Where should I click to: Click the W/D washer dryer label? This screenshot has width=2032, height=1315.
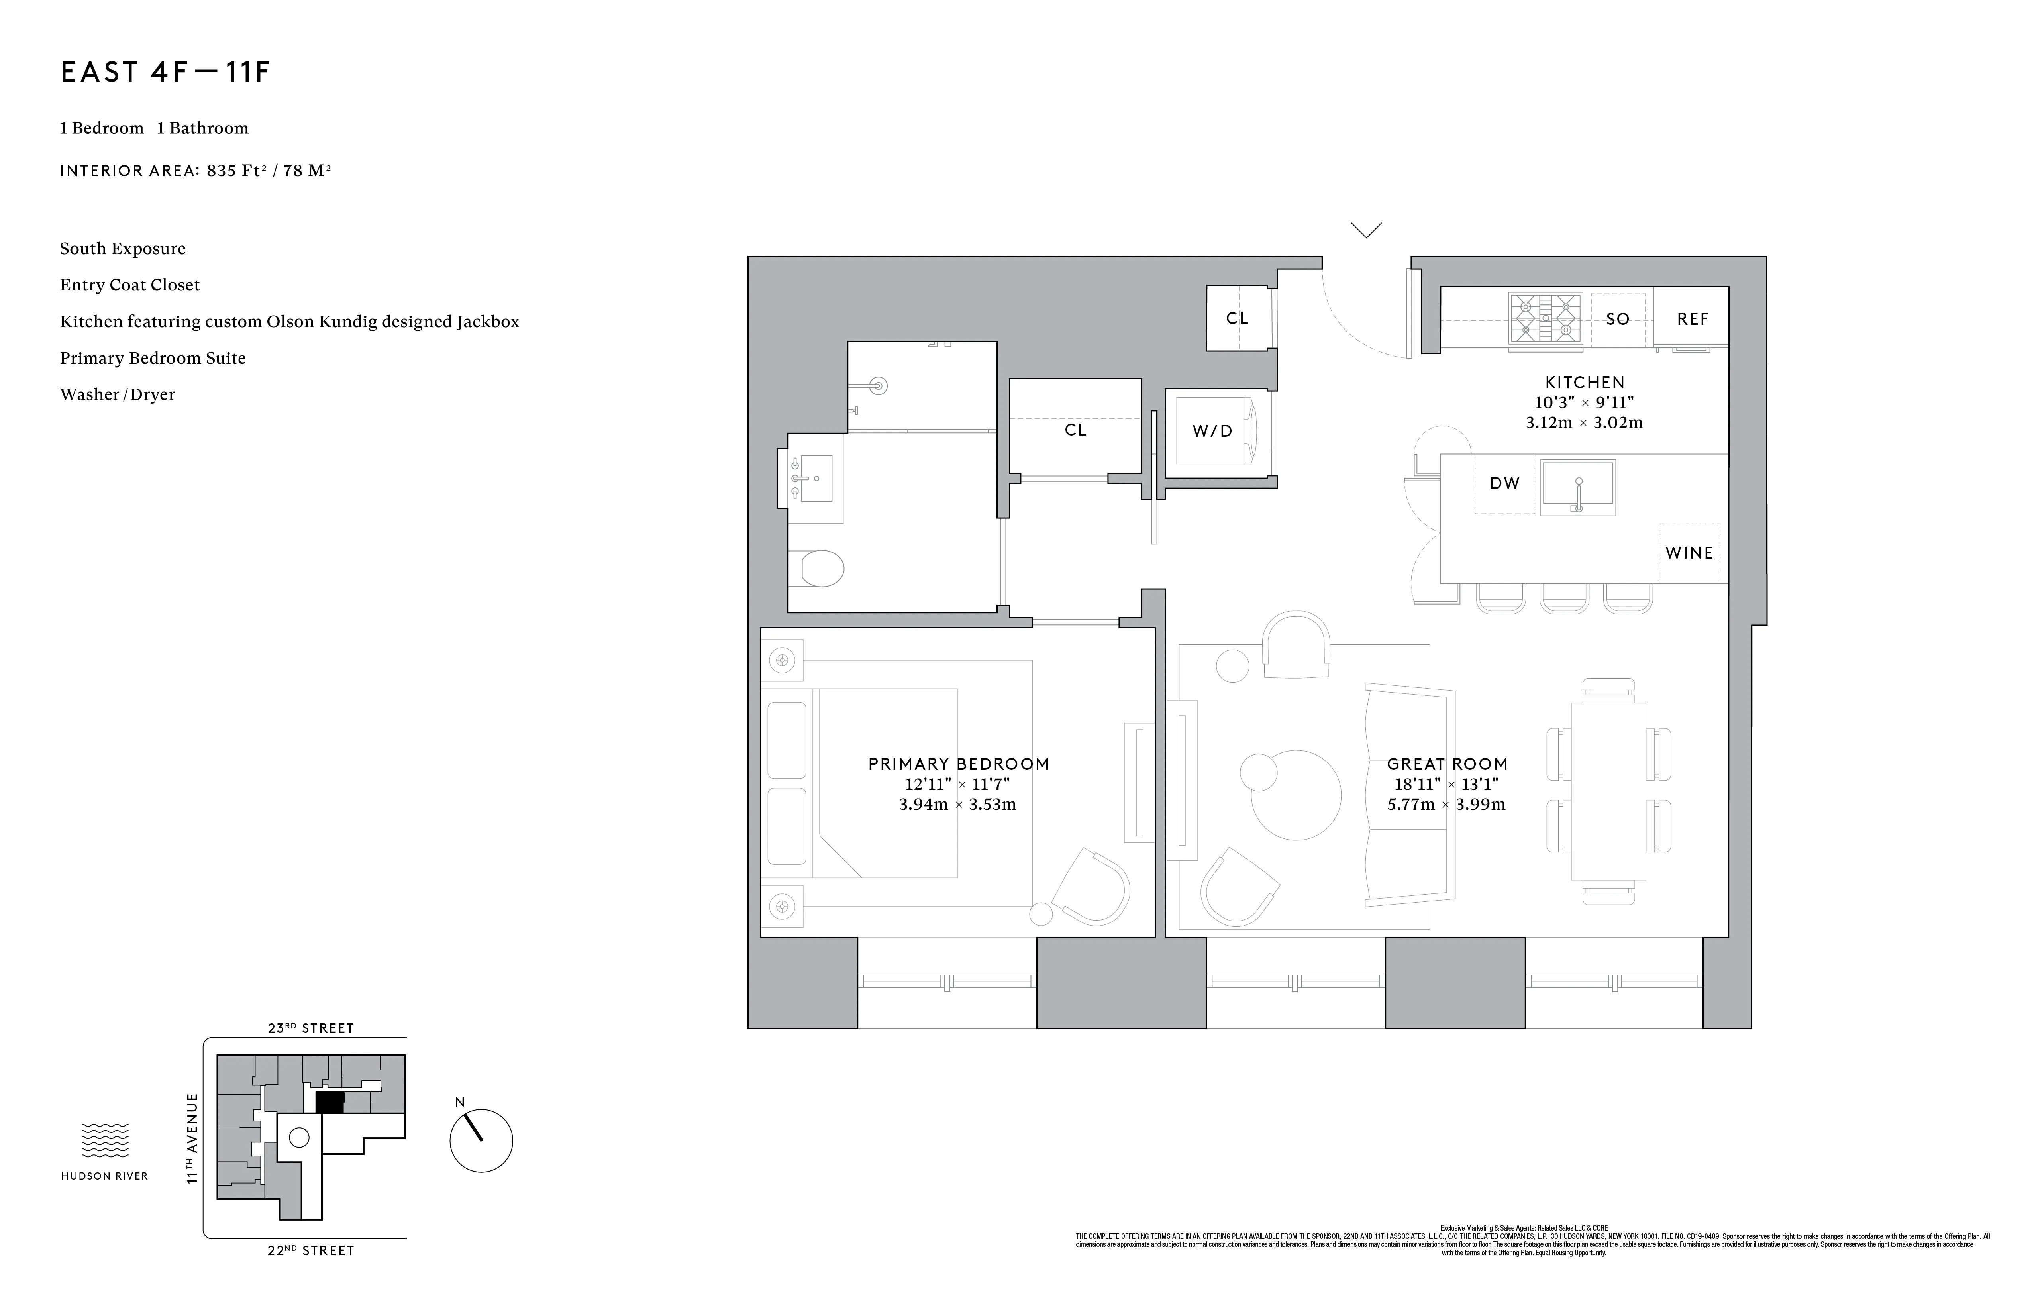[1212, 431]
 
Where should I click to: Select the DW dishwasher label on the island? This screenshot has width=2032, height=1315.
[1504, 483]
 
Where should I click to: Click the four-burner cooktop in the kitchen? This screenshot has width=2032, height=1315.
[1544, 318]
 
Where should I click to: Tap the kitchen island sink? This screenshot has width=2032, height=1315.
[1578, 487]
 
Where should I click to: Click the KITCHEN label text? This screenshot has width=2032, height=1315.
[1585, 383]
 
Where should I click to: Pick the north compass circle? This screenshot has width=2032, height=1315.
[481, 1141]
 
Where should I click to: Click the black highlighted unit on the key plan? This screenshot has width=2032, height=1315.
[330, 1102]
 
